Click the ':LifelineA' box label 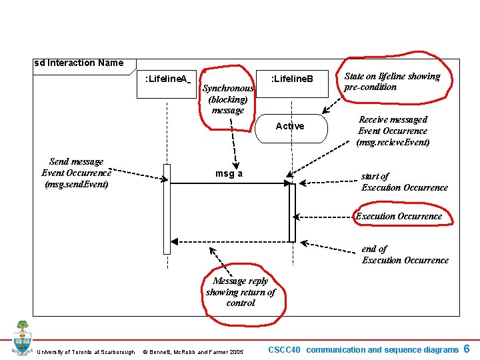[166, 79]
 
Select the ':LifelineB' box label [291, 79]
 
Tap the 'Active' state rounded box [291, 126]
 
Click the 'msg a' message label [229, 174]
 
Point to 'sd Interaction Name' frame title [79, 63]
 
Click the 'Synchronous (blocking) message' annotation [228, 99]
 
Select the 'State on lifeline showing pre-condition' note [392, 81]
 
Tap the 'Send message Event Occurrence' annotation [77, 173]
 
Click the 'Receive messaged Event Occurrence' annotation [393, 131]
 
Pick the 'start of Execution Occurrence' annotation [404, 181]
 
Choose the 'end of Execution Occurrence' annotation [405, 254]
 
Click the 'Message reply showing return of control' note [240, 292]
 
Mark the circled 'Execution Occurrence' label [399, 216]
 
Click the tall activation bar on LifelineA [167, 207]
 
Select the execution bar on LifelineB [291, 213]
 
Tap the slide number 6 [467, 349]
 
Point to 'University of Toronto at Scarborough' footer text [86, 352]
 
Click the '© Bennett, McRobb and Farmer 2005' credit [193, 352]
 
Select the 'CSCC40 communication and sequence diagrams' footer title [363, 349]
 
